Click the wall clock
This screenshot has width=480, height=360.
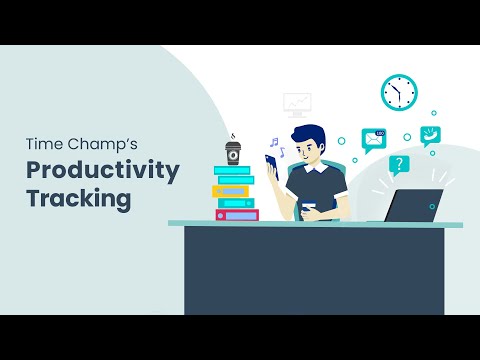pyautogui.click(x=398, y=93)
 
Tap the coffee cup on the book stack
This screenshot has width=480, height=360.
pyautogui.click(x=233, y=153)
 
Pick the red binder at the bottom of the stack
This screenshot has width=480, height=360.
pyautogui.click(x=237, y=215)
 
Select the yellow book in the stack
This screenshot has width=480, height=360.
pyautogui.click(x=231, y=191)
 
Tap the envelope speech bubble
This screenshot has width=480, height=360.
pyautogui.click(x=374, y=139)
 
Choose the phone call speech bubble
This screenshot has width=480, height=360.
pyautogui.click(x=432, y=134)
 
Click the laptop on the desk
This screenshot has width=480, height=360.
pyautogui.click(x=412, y=206)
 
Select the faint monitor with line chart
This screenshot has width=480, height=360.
pyautogui.click(x=297, y=103)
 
